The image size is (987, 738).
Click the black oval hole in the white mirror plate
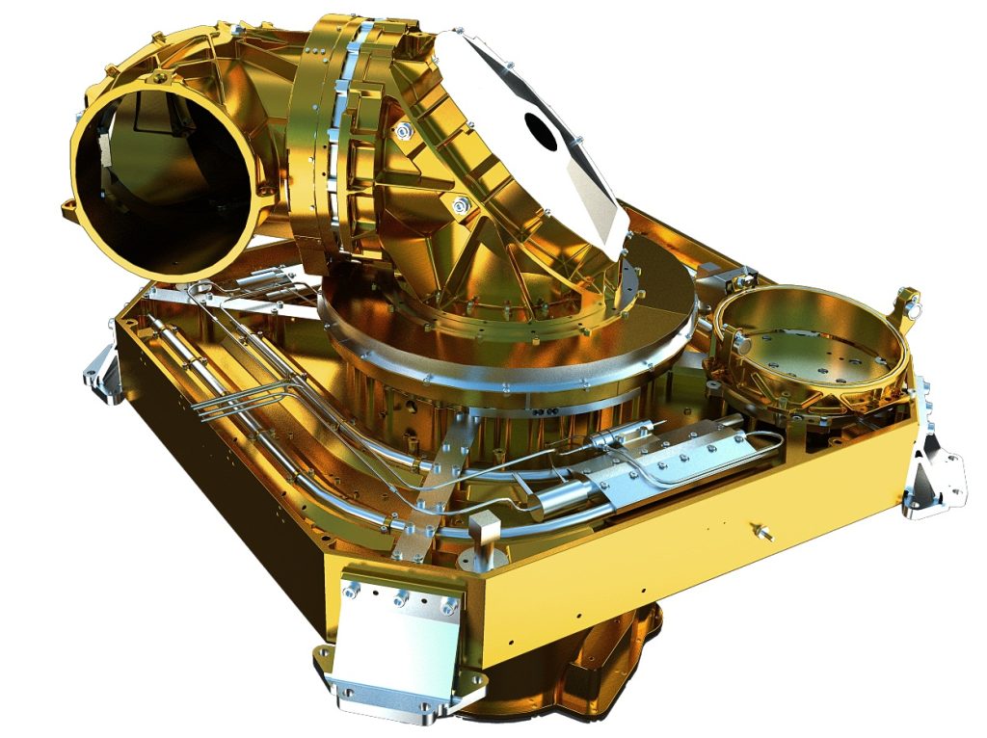(540, 131)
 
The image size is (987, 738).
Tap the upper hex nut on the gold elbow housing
(402, 131)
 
